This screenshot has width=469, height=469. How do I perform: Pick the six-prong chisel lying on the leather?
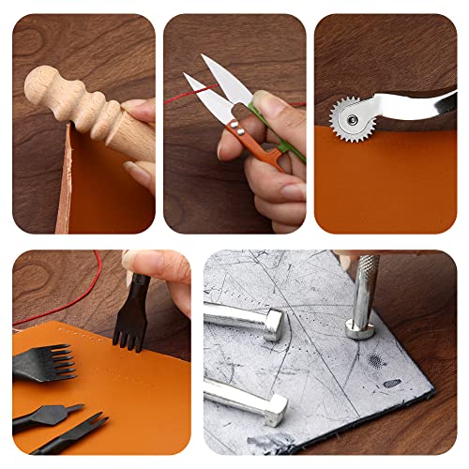point(42,362)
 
